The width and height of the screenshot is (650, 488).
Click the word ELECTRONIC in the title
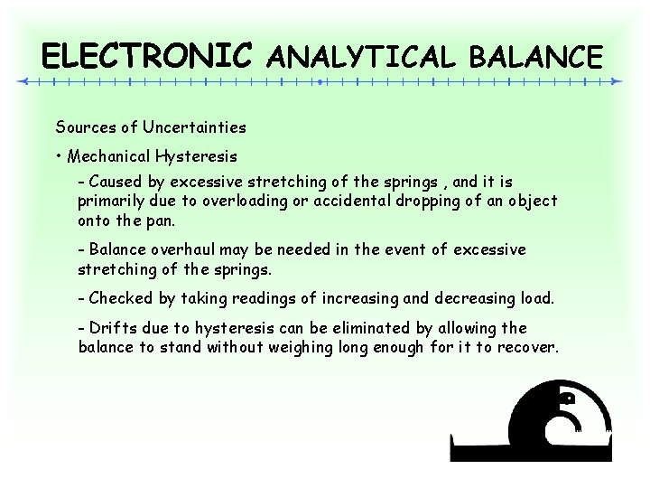[147, 57]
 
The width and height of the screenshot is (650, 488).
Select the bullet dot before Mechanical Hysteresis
[58, 156]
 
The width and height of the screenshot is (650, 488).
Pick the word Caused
[115, 182]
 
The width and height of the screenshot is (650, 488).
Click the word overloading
[240, 201]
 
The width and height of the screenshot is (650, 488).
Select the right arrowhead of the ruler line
[617, 81]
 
